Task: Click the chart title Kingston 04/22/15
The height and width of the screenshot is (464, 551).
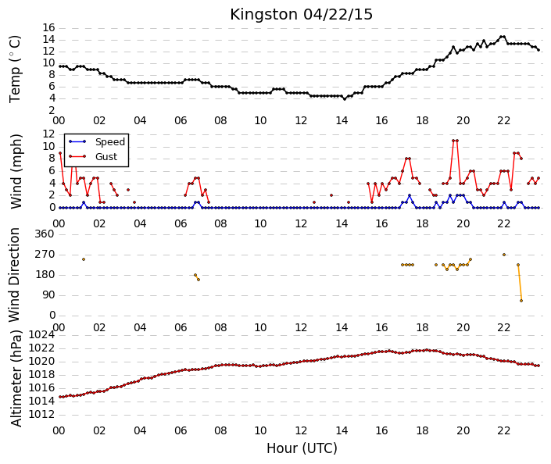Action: (301, 15)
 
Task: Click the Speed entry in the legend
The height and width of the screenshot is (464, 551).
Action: (110, 142)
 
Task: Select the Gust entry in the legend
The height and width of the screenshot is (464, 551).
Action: (106, 157)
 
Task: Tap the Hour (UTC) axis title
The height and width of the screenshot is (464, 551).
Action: (302, 448)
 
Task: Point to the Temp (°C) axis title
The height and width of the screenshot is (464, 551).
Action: (15, 70)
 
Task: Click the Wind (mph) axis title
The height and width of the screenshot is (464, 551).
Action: (16, 171)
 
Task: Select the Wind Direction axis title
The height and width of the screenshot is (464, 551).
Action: (14, 275)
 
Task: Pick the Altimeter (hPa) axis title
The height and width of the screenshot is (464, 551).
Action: (16, 379)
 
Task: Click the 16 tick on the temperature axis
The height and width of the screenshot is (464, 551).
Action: (48, 28)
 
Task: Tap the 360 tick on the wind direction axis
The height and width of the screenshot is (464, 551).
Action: (45, 234)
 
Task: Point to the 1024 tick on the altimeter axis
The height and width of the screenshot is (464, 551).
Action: (42, 335)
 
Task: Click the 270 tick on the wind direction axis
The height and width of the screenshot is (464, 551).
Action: (45, 255)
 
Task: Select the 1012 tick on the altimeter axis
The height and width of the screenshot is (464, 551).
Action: (42, 415)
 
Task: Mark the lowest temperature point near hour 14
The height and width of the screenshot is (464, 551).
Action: (345, 99)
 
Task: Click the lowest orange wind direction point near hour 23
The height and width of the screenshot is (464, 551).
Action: (521, 301)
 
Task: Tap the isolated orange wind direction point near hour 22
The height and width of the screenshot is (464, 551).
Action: (504, 255)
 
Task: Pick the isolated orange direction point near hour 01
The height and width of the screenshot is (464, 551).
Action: (84, 259)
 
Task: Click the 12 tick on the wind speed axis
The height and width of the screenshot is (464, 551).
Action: (48, 134)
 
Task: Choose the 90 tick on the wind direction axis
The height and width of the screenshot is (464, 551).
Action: (48, 294)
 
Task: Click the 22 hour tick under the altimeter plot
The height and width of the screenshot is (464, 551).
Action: (503, 430)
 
